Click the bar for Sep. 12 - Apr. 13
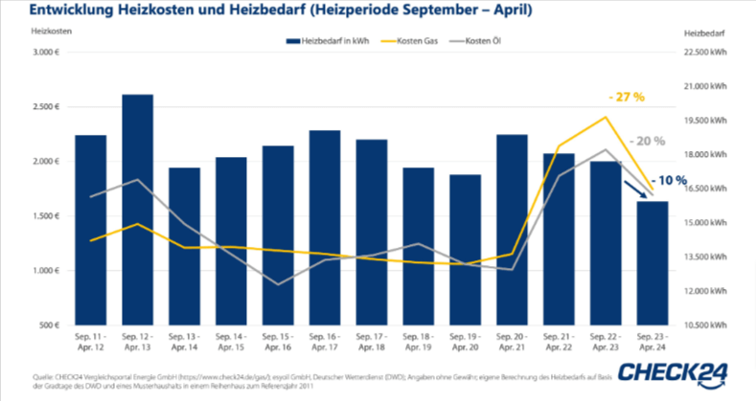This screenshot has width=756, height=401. tap(138, 211)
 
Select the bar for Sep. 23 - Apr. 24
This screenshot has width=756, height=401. tap(653, 263)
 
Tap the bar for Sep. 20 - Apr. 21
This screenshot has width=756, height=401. tap(513, 230)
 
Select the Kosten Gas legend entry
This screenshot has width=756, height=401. tap(418, 41)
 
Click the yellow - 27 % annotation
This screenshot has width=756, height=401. tap(626, 98)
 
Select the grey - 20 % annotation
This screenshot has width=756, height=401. tap(647, 141)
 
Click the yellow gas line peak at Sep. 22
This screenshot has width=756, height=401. tap(606, 118)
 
